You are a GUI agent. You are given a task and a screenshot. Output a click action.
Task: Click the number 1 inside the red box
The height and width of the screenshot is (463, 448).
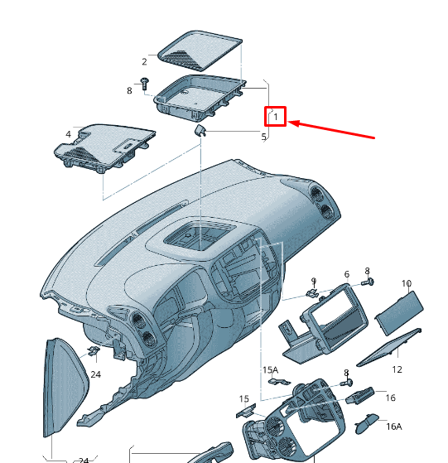[x=276, y=117]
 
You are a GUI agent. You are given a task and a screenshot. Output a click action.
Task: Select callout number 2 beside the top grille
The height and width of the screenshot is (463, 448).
[x=144, y=62]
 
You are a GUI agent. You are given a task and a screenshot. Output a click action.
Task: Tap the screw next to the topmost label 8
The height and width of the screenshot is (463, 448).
[x=145, y=84]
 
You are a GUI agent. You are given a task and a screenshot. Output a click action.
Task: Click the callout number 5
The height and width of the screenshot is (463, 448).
[x=264, y=137]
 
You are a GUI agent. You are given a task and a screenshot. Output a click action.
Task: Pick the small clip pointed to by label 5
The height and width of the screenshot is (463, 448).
[x=200, y=130]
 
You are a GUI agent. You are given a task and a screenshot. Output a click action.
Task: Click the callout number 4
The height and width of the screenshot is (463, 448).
[x=68, y=134]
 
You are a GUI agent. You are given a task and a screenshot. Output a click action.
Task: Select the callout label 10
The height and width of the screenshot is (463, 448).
[x=407, y=283]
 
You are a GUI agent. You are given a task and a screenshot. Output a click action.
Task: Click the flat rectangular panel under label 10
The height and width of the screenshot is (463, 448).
[x=399, y=313]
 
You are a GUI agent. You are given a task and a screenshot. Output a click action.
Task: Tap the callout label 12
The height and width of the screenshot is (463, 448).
[x=397, y=369]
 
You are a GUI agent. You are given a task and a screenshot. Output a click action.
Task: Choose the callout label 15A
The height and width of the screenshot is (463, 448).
[x=270, y=369]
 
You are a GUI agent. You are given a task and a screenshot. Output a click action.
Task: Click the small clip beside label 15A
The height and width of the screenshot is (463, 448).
[x=279, y=381]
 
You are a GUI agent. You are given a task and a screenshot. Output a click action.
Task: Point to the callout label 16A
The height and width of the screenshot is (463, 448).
[x=394, y=427]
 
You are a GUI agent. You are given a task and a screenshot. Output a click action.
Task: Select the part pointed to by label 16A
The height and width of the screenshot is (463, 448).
[x=367, y=424]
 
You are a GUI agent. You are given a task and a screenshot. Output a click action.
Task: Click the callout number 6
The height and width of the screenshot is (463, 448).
[x=347, y=274]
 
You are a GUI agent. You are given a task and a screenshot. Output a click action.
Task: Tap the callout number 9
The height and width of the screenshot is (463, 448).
[x=314, y=281]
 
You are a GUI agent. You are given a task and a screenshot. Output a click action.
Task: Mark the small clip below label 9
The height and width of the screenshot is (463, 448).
[x=313, y=293]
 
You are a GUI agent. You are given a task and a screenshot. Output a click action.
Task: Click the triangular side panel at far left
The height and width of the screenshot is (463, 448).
[x=64, y=387]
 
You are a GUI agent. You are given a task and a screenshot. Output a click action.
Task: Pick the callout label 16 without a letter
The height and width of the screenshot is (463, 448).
[x=391, y=398]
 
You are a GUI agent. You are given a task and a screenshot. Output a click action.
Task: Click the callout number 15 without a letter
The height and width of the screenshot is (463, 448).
[x=243, y=399]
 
